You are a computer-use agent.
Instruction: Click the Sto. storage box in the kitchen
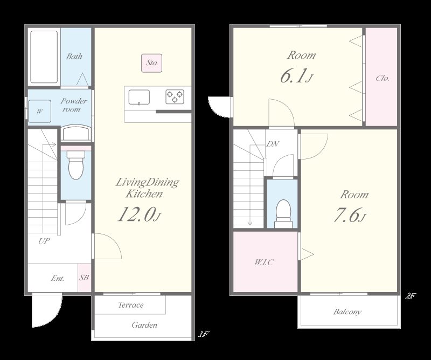152,63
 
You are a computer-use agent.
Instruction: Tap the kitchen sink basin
139,98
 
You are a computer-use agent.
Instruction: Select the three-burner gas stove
175,97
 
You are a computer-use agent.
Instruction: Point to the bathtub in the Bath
44,57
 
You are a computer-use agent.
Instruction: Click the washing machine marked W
39,111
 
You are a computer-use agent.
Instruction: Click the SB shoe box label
84,278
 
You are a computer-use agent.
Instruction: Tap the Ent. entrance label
58,278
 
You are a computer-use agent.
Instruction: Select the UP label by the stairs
44,241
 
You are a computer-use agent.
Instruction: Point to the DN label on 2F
273,144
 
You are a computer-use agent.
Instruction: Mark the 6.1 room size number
296,76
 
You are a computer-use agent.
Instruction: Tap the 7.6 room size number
350,215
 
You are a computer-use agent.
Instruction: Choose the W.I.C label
264,262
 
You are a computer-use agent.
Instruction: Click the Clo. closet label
383,78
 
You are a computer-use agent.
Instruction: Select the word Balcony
347,312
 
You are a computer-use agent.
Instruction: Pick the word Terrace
131,304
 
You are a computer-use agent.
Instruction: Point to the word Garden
144,325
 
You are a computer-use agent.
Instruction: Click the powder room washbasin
76,134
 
